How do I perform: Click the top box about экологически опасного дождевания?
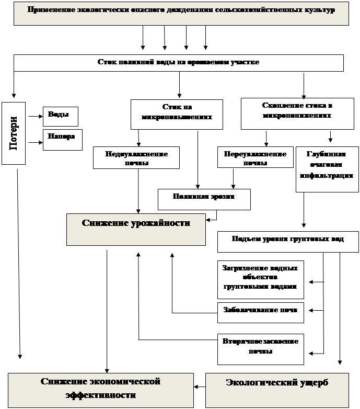181,13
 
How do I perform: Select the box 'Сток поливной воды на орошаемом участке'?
178,63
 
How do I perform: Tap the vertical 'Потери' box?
14,133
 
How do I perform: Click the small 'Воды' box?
61,116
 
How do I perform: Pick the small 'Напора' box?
62,139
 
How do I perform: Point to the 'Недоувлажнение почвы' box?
136,157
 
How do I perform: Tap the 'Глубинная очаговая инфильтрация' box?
327,169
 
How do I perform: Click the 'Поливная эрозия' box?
204,199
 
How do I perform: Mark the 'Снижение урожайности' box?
136,229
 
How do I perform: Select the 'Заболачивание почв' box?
260,311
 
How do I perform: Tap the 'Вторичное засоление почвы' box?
260,348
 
